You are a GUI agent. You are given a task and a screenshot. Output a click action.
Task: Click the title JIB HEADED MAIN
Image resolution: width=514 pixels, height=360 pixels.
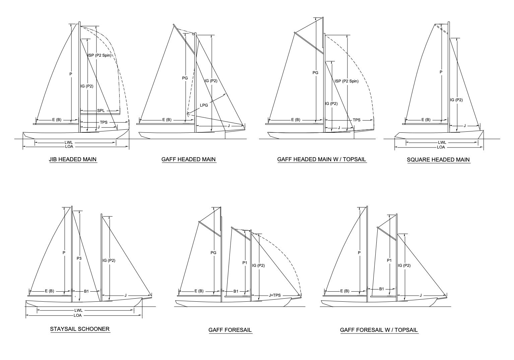click(x=73, y=159)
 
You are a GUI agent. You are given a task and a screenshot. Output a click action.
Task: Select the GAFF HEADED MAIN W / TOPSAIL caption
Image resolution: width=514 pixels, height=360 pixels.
click(x=322, y=159)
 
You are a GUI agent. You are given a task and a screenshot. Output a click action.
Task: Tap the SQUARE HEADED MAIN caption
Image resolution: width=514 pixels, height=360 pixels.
click(x=438, y=160)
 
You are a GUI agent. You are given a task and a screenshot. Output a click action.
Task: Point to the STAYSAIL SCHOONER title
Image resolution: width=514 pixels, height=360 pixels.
click(x=80, y=329)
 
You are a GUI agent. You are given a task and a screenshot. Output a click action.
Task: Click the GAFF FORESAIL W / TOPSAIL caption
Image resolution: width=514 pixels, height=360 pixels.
click(x=379, y=330)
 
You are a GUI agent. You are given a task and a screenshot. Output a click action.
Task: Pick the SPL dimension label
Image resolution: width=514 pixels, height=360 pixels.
click(x=101, y=111)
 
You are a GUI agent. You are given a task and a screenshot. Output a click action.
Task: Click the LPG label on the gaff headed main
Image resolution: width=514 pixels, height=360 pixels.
click(x=204, y=105)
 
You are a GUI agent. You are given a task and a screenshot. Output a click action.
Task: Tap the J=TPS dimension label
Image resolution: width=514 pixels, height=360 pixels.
click(x=275, y=295)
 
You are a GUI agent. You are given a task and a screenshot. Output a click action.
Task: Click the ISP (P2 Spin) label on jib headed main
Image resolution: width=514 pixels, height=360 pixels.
click(x=100, y=55)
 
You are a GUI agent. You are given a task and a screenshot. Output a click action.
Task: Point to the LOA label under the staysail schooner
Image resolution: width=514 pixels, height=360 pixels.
click(x=78, y=315)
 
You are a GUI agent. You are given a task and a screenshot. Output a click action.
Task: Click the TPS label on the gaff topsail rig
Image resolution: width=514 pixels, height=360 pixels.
click(x=357, y=120)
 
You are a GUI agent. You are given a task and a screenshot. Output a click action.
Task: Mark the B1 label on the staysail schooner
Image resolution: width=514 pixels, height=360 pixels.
click(x=86, y=291)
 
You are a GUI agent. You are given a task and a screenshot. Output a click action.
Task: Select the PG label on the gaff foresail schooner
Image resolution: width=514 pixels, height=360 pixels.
click(x=213, y=253)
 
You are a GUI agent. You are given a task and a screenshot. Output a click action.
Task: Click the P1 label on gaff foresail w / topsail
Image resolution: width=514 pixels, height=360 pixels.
click(x=389, y=260)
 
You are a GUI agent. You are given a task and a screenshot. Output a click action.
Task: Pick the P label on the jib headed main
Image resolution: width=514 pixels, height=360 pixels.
click(x=71, y=74)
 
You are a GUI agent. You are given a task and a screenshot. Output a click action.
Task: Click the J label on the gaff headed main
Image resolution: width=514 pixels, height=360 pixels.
click(x=229, y=126)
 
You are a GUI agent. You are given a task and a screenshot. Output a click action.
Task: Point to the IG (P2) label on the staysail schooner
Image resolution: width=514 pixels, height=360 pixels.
click(x=109, y=260)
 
